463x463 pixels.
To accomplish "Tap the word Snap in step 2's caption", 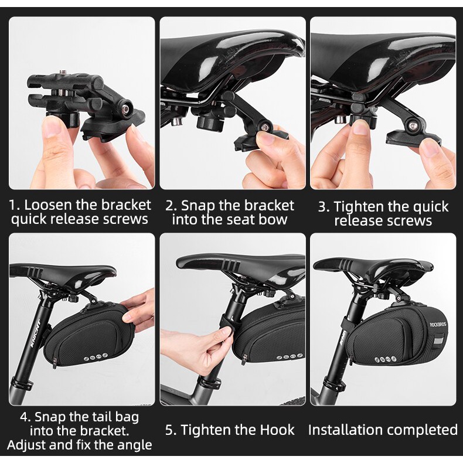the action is pos(196,206).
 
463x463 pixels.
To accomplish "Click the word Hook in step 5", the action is pos(277,430).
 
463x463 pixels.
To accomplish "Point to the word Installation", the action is pos(343,430).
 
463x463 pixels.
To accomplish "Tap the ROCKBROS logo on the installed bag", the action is pos(438,325).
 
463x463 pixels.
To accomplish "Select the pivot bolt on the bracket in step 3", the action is pos(413,126).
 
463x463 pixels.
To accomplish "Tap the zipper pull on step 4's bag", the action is pos(55,362).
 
